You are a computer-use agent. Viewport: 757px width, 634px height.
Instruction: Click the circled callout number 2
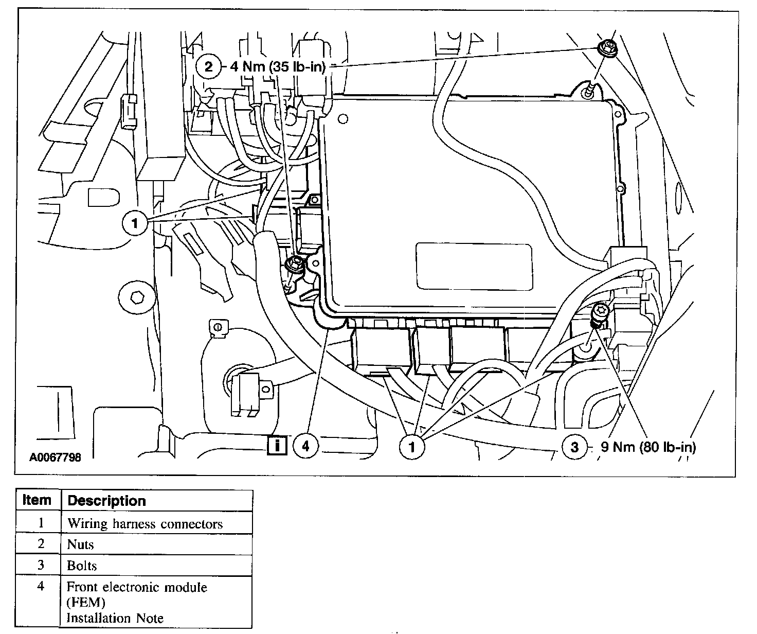(208, 66)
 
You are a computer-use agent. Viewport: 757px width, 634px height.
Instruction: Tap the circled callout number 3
(574, 447)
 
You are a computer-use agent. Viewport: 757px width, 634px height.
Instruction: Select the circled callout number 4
(305, 446)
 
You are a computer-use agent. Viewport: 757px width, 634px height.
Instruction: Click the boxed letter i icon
(277, 445)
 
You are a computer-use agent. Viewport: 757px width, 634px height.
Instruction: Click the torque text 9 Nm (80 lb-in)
(648, 447)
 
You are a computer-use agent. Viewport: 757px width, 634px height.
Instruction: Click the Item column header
(37, 500)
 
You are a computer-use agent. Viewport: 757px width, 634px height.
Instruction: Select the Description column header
(106, 501)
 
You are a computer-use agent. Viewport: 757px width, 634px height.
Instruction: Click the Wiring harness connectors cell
(145, 524)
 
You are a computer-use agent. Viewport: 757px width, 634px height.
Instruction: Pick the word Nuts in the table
(81, 544)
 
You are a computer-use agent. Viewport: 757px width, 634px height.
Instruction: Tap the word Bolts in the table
(82, 566)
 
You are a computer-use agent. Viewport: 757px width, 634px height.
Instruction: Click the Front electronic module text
(137, 587)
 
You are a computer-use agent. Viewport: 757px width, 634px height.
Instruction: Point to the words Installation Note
(115, 618)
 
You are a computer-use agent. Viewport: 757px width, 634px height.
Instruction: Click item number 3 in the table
(41, 565)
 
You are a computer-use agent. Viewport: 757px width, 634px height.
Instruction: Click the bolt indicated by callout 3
(601, 312)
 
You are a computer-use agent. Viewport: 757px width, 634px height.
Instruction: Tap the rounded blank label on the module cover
(474, 266)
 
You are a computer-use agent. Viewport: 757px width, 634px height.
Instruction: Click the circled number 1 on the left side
(135, 224)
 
